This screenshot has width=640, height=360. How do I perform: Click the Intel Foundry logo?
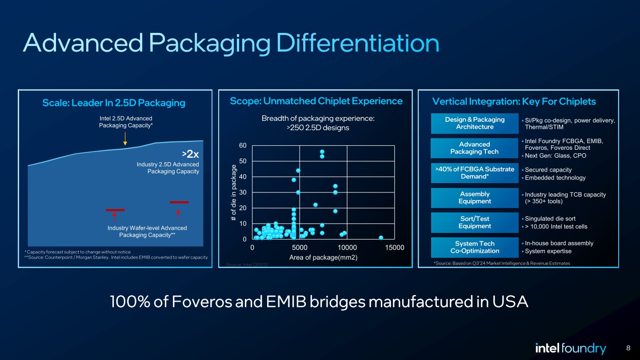(570, 348)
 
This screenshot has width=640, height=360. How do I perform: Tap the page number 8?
(628, 348)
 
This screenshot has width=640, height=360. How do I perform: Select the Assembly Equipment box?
(475, 198)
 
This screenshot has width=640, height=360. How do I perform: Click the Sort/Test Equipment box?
(475, 223)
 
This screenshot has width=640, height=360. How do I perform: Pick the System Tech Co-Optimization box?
(475, 248)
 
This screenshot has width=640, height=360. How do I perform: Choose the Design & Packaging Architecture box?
(475, 124)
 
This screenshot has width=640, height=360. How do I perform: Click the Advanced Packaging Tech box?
(475, 148)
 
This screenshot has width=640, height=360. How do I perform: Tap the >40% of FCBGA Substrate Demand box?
(475, 173)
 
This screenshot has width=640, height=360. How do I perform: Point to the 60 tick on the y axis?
(243, 146)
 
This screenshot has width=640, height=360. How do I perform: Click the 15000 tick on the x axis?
(395, 248)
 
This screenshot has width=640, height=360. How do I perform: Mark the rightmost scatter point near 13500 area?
(381, 238)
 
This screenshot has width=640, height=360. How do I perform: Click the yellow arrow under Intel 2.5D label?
(125, 139)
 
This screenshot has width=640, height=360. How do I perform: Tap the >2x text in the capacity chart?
(190, 154)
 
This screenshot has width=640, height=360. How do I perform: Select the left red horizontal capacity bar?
(115, 210)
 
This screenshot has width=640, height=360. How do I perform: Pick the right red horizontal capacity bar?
(179, 202)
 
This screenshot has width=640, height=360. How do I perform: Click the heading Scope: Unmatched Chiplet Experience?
(316, 101)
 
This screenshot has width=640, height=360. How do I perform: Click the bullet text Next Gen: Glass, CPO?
(556, 156)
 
